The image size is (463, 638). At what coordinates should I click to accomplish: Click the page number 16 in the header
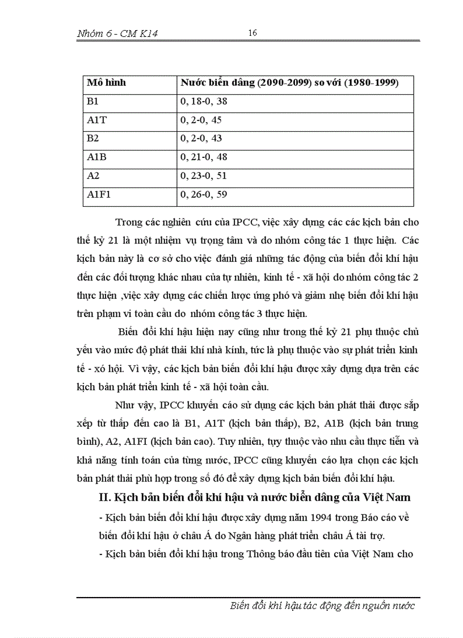[x=252, y=33]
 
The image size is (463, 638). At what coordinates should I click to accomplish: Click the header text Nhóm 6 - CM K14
[x=117, y=34]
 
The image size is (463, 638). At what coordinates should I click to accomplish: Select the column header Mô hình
[x=106, y=83]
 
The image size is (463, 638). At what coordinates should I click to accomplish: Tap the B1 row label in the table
[x=92, y=102]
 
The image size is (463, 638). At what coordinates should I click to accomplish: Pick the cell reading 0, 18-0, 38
[x=204, y=102]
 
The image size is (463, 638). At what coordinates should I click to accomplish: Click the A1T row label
[x=96, y=120]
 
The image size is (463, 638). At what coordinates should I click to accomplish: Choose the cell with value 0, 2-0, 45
[x=201, y=120]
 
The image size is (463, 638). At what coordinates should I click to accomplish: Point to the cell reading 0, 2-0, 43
[x=201, y=139]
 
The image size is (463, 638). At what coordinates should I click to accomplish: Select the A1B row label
[x=96, y=157]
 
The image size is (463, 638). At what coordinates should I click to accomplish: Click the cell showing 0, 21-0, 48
[x=204, y=157]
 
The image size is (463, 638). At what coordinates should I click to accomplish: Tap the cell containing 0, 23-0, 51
[x=204, y=176]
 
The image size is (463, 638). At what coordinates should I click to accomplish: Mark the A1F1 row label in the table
[x=99, y=195]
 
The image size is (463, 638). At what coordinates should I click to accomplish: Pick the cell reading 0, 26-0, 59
[x=204, y=195]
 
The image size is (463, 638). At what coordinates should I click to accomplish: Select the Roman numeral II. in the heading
[x=104, y=498]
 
